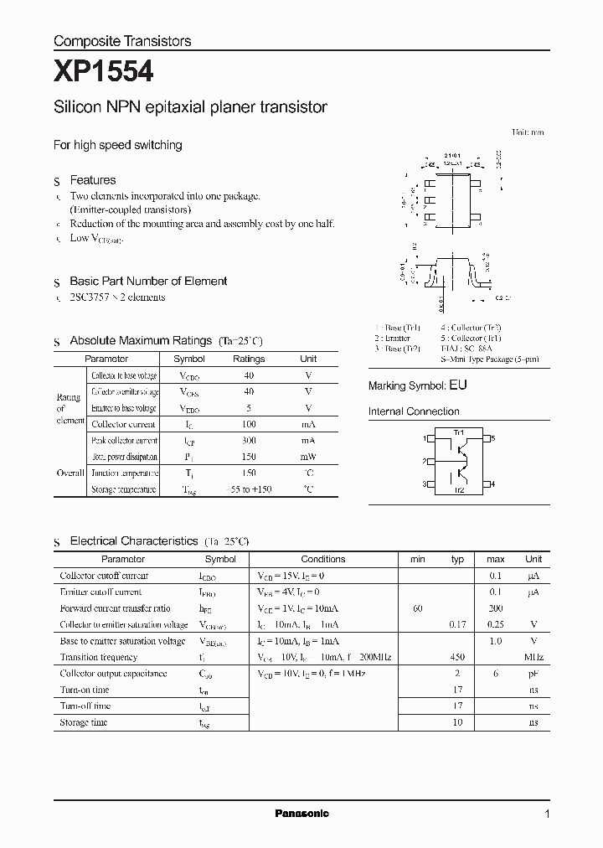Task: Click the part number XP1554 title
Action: coord(103,73)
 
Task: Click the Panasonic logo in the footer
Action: coord(301,814)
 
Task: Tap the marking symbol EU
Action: coord(458,385)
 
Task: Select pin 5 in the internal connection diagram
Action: coord(493,438)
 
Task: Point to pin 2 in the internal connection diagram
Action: coord(425,461)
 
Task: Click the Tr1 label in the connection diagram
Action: coord(459,432)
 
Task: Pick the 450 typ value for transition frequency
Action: coord(457,658)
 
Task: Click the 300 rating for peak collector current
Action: coord(249,441)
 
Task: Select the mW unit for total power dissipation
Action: coord(308,457)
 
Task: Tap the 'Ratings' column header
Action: coord(249,359)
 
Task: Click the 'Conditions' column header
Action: coord(323,559)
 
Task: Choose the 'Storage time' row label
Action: coord(84,722)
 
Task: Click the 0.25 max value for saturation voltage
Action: coord(495,624)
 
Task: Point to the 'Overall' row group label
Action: coord(70,473)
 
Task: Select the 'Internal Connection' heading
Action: coord(414,411)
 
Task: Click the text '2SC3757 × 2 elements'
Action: coord(117,297)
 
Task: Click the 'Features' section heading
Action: coord(93,180)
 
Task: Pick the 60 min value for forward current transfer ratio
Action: coord(417,608)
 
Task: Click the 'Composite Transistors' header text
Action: coord(122,40)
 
